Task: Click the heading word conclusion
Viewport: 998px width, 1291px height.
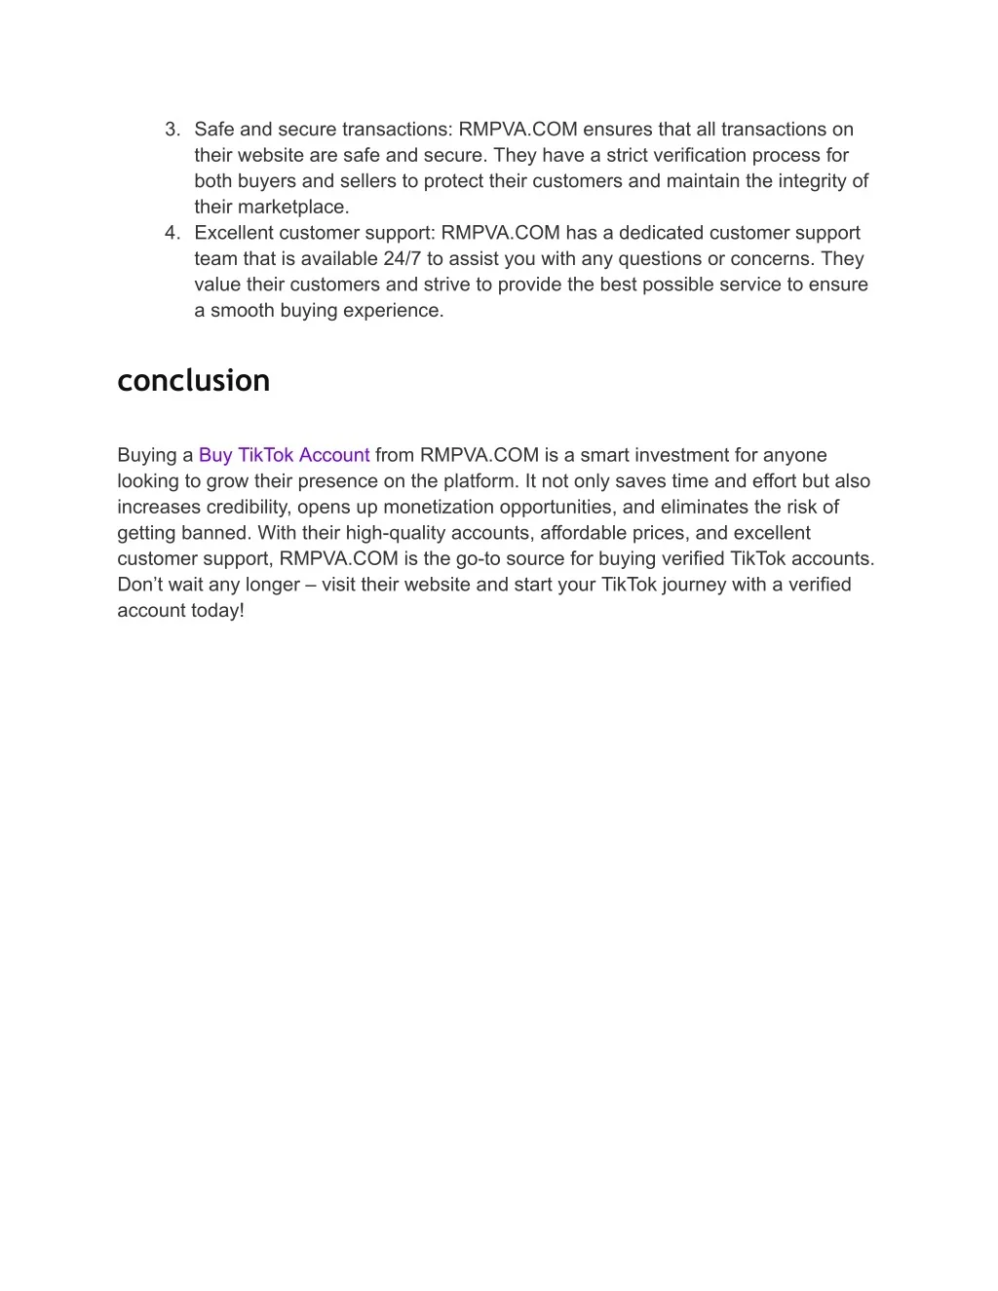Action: pyautogui.click(x=193, y=380)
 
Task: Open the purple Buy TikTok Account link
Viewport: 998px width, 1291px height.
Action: pyautogui.click(x=284, y=455)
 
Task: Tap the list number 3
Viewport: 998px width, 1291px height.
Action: pyautogui.click(x=173, y=130)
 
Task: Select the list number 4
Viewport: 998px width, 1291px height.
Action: pyautogui.click(x=173, y=233)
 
